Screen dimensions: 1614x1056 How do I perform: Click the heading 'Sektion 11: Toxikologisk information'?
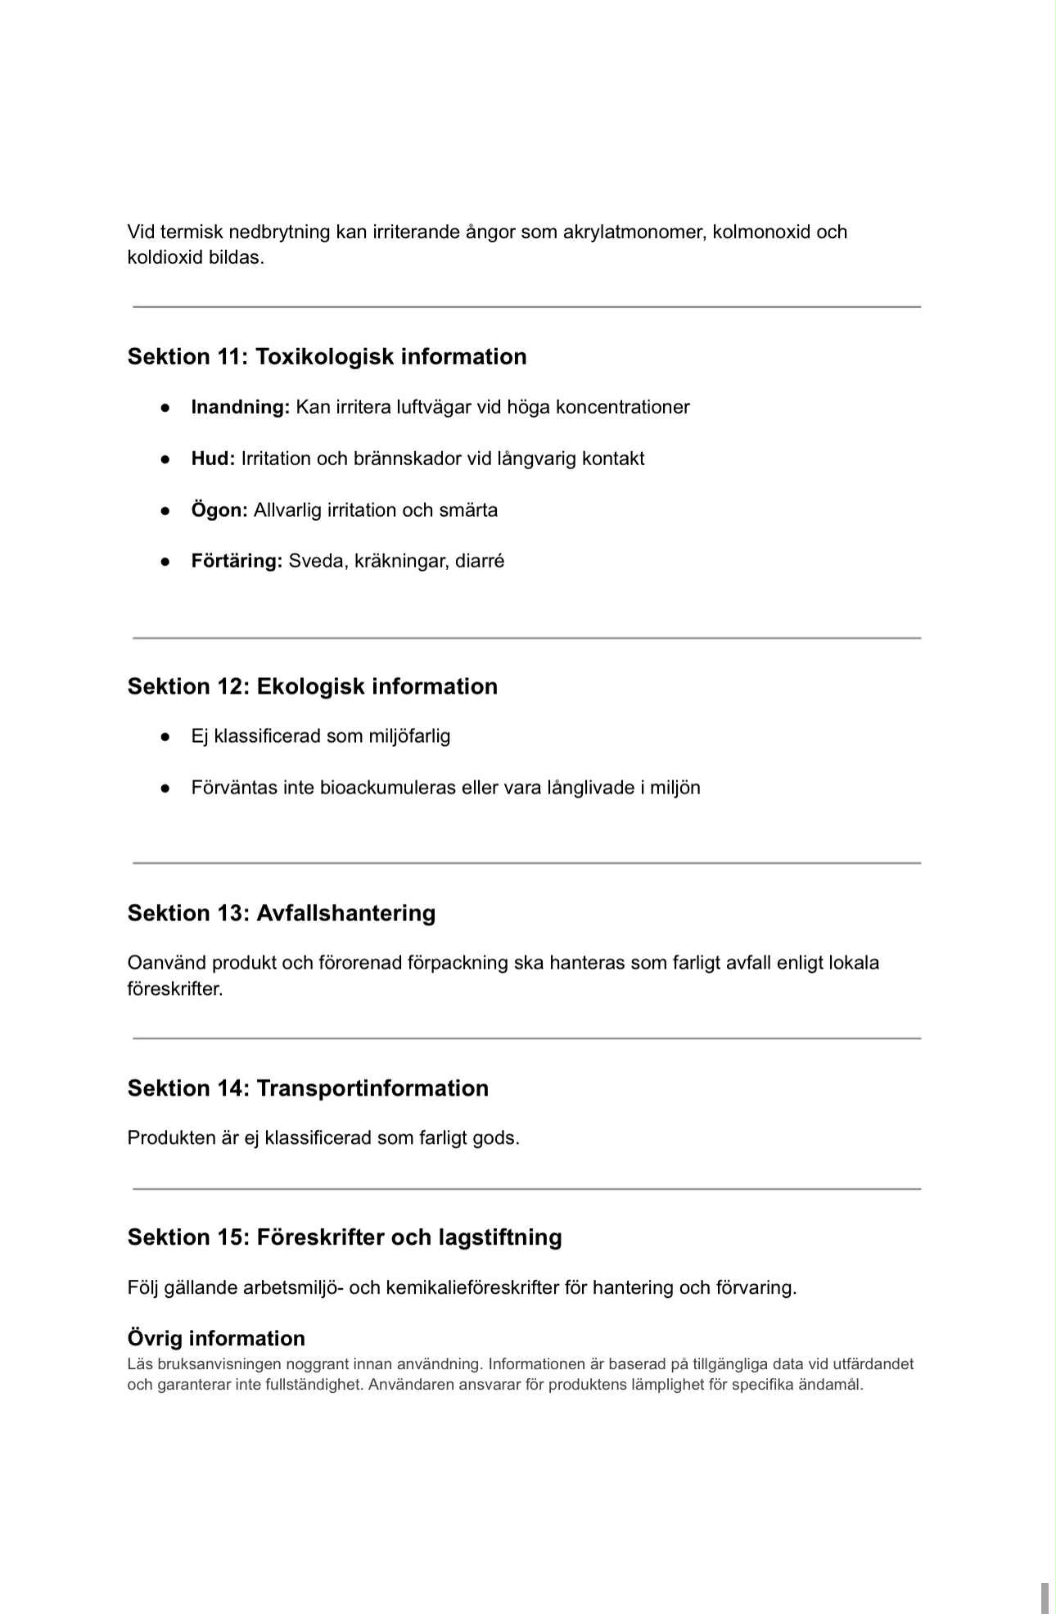pyautogui.click(x=327, y=357)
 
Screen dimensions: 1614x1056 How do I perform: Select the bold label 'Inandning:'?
pyautogui.click(x=240, y=408)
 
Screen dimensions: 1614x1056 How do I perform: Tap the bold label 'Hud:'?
pyautogui.click(x=213, y=459)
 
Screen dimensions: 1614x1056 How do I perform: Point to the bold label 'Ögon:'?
pyautogui.click(x=219, y=510)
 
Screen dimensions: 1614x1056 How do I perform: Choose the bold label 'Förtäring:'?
pyautogui.click(x=237, y=561)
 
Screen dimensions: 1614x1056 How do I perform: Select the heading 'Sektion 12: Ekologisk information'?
pyautogui.click(x=312, y=686)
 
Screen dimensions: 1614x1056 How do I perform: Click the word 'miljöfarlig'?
pyautogui.click(x=409, y=736)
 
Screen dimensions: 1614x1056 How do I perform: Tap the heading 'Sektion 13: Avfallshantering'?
pyautogui.click(x=281, y=913)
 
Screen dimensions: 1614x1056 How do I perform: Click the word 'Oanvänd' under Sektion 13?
pyautogui.click(x=166, y=963)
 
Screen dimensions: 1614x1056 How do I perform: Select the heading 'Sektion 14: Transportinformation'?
pyautogui.click(x=308, y=1088)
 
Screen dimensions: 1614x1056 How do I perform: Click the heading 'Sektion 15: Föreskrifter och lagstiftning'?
pyautogui.click(x=345, y=1237)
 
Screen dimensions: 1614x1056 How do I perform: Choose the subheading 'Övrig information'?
pyautogui.click(x=216, y=1338)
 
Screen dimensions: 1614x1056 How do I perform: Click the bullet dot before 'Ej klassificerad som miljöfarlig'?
pyautogui.click(x=165, y=737)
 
